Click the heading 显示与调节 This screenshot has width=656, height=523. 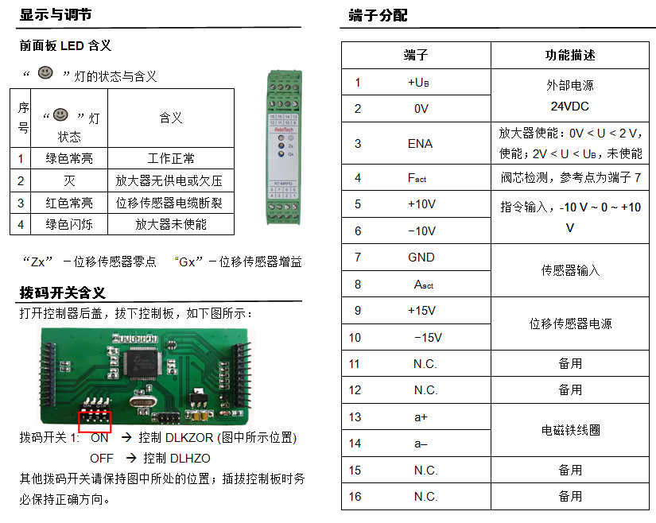click(x=56, y=14)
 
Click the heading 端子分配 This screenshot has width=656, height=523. click(x=378, y=15)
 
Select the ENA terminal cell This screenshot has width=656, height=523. click(x=420, y=143)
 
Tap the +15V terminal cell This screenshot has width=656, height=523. click(x=421, y=311)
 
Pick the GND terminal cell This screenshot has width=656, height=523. click(x=421, y=257)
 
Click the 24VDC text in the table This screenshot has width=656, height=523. click(x=570, y=107)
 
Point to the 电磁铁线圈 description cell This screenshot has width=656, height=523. click(x=570, y=430)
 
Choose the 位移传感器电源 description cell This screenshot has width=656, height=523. click(x=570, y=323)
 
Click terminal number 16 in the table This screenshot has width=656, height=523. click(x=355, y=497)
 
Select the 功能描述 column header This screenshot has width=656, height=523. click(x=570, y=55)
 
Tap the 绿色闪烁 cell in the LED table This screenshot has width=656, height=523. click(x=69, y=224)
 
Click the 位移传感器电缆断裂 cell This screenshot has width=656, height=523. click(x=169, y=203)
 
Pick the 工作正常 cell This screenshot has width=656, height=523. click(x=171, y=158)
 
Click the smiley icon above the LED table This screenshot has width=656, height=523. click(x=45, y=73)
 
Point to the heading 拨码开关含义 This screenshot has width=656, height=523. click(x=62, y=292)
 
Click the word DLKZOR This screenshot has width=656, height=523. click(x=189, y=438)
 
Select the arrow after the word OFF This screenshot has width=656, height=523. click(x=131, y=458)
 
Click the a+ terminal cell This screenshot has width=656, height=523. click(x=421, y=417)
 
